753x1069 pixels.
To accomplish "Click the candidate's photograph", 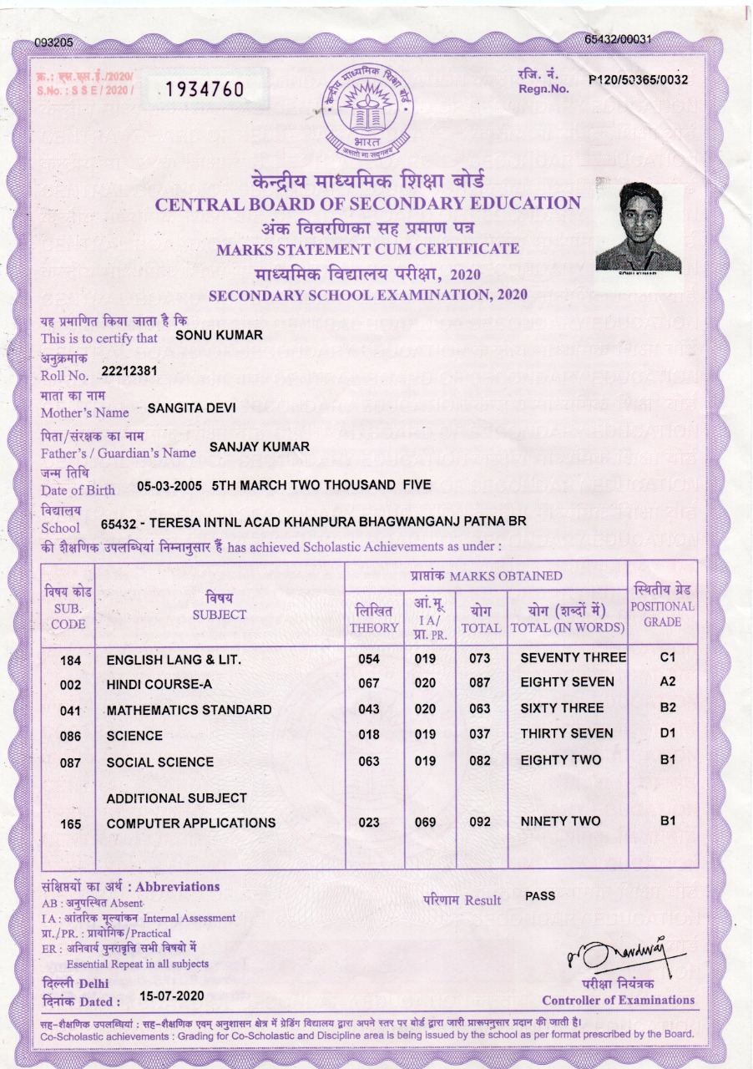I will [x=639, y=226].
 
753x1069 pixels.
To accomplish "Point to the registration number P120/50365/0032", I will [x=638, y=80].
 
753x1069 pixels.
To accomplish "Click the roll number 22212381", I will [x=129, y=370].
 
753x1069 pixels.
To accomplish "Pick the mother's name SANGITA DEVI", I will [x=191, y=408].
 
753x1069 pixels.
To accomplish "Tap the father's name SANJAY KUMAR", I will [x=260, y=447].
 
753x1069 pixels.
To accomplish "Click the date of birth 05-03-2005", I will [x=169, y=485].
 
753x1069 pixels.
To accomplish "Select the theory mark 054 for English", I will [x=368, y=659].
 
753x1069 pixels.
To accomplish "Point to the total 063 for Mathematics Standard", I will [x=479, y=710].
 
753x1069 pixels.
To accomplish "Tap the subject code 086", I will [x=70, y=737].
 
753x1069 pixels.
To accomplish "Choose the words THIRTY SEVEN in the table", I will [x=566, y=733].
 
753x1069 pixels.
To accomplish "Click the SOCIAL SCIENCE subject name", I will [x=160, y=762].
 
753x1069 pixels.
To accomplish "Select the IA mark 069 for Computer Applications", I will [x=426, y=823].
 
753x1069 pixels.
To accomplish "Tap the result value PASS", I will [x=540, y=895].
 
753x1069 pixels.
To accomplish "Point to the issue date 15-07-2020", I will [x=170, y=996].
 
